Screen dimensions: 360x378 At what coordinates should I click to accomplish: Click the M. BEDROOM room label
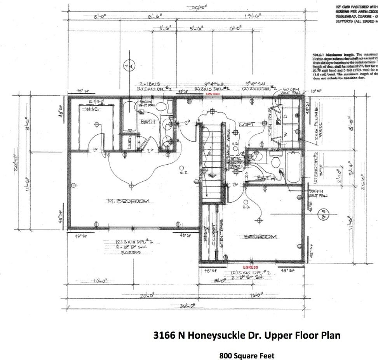click(x=128, y=201)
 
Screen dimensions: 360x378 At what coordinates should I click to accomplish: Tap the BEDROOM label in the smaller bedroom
click(x=260, y=237)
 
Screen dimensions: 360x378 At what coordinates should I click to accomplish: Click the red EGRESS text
click(x=251, y=268)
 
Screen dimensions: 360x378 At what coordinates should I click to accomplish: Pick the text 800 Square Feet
click(x=247, y=355)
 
